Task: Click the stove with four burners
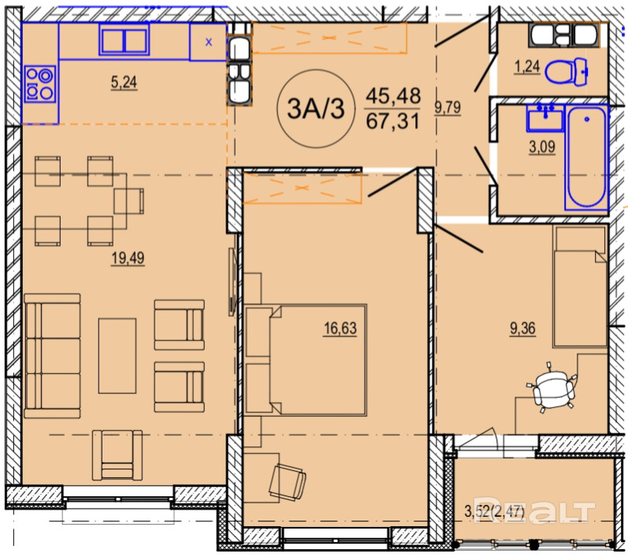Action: (40, 84)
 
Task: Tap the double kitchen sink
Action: (124, 40)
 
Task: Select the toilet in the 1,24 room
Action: (567, 72)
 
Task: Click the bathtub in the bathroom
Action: (587, 157)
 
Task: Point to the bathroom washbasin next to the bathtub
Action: (545, 117)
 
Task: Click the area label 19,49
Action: (128, 259)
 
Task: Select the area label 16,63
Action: (340, 328)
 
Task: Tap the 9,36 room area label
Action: (522, 329)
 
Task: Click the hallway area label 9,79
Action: (448, 107)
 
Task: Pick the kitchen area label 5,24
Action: (124, 82)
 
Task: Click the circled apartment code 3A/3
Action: (316, 109)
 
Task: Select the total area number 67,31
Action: (392, 121)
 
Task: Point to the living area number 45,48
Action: (393, 96)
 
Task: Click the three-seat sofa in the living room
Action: (52, 356)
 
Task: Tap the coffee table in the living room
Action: (117, 356)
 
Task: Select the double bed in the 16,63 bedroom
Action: (306, 360)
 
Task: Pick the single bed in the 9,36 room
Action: (580, 286)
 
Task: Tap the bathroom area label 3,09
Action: (542, 148)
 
